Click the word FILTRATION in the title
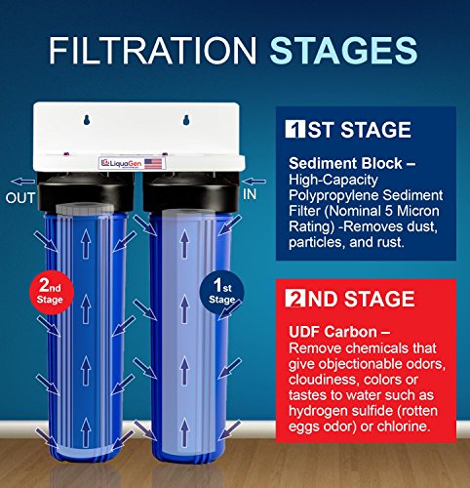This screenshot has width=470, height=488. [x=153, y=50]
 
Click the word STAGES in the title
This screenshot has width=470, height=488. [x=343, y=50]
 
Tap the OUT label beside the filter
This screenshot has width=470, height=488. [x=20, y=198]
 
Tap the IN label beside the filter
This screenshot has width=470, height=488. [x=250, y=194]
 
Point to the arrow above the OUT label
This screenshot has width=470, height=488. [x=22, y=182]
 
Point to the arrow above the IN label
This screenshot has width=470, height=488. [x=255, y=182]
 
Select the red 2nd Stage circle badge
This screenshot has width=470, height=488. [x=52, y=291]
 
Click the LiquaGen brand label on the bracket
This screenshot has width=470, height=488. [x=132, y=163]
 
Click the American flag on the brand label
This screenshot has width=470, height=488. [x=153, y=163]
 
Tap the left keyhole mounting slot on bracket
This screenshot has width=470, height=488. [x=87, y=120]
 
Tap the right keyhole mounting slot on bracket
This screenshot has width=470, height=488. [x=186, y=120]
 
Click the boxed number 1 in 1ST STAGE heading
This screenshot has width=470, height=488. [x=295, y=129]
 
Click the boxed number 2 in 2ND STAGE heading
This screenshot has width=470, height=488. [x=295, y=299]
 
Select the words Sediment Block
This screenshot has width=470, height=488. [x=345, y=163]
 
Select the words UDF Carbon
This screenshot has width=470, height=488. [x=333, y=332]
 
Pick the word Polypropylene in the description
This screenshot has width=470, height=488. [x=333, y=196]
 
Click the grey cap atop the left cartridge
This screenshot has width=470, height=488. [x=85, y=209]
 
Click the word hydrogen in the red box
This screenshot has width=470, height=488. [x=317, y=411]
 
